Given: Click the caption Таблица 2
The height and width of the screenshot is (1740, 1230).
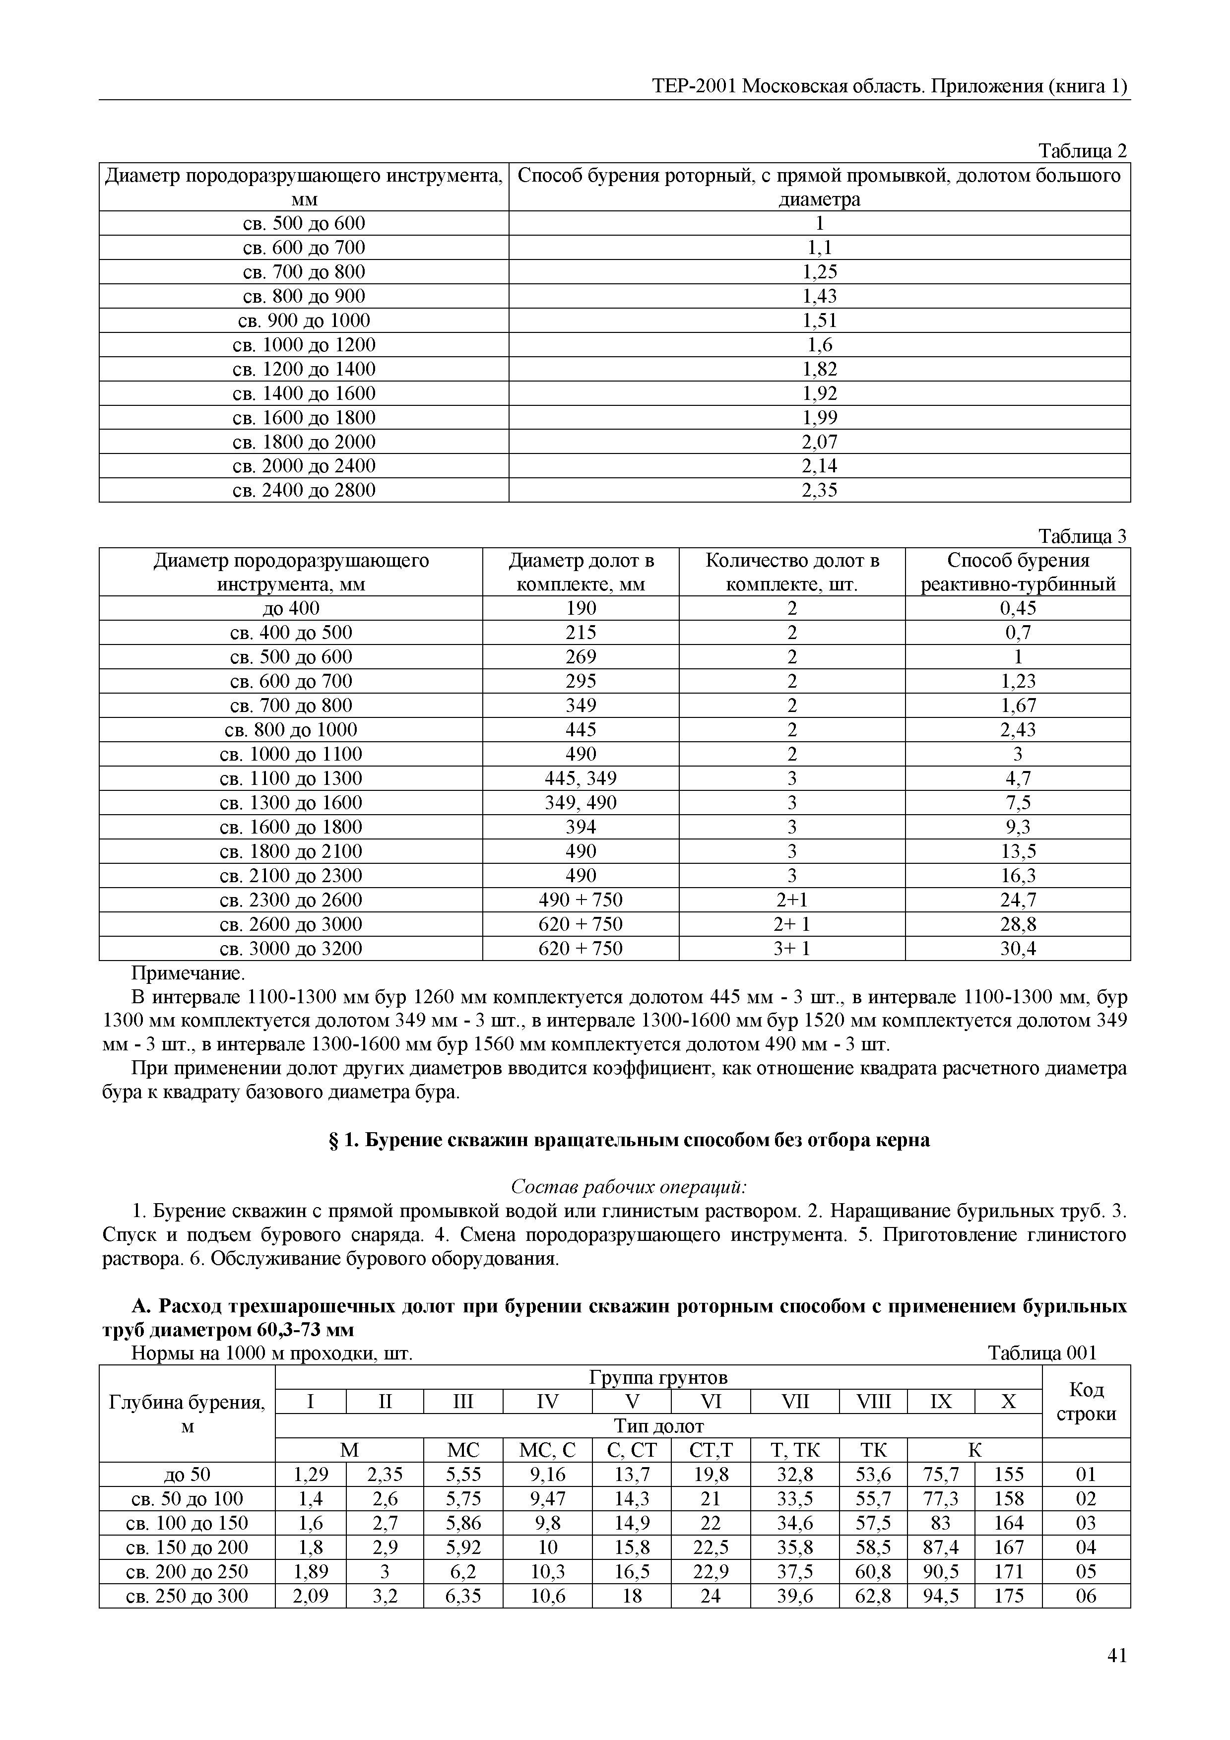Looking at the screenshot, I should click(1082, 151).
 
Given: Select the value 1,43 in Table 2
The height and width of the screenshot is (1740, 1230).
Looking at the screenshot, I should click(819, 296).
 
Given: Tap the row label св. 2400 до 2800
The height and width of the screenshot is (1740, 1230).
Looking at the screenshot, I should click(303, 490).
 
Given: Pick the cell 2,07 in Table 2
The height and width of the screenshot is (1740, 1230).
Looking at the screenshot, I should click(819, 442).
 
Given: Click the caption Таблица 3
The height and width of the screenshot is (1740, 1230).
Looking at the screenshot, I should click(1082, 536).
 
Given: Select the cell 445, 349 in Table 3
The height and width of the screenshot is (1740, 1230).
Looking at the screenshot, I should click(581, 778).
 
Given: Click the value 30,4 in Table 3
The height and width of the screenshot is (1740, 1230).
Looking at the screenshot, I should click(1017, 949).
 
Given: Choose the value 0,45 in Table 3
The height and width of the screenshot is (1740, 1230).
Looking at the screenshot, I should click(1017, 609).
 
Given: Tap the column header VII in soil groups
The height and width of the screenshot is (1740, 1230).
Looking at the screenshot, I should click(794, 1402).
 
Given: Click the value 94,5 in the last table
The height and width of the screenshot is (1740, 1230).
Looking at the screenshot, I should click(941, 1596).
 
